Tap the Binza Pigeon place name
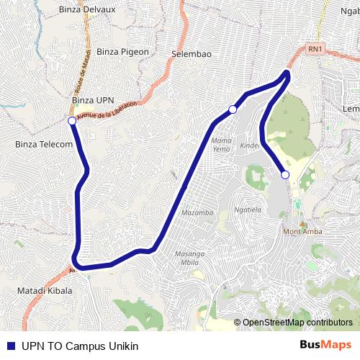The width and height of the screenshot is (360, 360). pos(122,52)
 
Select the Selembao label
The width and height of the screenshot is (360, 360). pos(192,54)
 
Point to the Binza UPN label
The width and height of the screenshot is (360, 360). pos(94,99)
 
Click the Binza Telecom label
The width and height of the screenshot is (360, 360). pos(44,144)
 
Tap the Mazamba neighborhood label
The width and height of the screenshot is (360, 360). pos(198,213)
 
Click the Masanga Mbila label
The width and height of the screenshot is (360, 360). pos(191,258)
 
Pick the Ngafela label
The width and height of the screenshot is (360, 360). pos(247,210)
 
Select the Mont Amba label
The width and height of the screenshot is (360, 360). pos(302,231)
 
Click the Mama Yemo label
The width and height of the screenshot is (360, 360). pos(222,143)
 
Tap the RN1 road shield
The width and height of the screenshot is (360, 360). pos(315,49)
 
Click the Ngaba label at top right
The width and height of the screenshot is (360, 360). pos(351,12)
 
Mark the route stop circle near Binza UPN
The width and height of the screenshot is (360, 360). pos(72,121)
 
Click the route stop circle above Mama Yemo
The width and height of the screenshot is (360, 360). pos(233,109)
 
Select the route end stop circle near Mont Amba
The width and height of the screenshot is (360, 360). pos(285,174)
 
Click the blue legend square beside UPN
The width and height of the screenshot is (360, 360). pos(10,346)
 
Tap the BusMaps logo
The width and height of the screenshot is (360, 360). pos(325,345)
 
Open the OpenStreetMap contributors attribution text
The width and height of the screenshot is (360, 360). pos(297,323)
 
